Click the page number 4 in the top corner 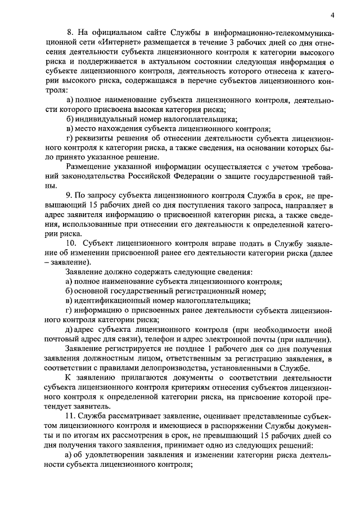[332, 15]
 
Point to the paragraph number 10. [71, 244]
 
